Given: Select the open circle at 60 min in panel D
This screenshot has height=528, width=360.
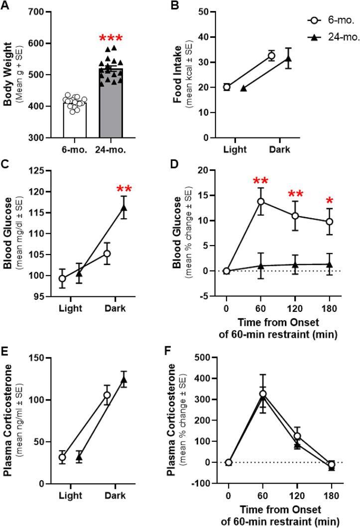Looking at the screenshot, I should (260, 201).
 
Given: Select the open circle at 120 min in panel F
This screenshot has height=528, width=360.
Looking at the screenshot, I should (297, 436).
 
